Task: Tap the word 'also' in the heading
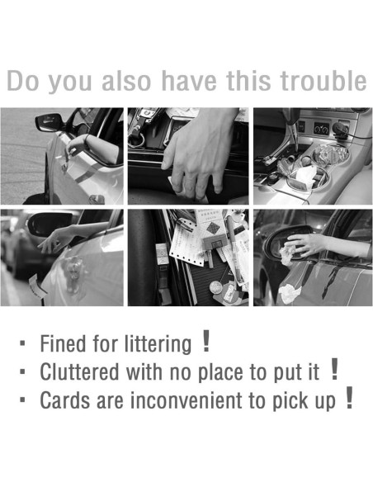coord(126,81)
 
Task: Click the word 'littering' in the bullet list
coord(158,344)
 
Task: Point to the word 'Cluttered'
coord(79,372)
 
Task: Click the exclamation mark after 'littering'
coord(206,341)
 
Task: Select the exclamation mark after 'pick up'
coord(349,398)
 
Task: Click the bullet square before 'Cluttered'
coord(22,371)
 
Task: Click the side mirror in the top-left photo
coord(48,122)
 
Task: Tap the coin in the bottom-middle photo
coord(215,288)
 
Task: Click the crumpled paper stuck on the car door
coord(289,293)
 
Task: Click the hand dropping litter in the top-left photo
coord(74,146)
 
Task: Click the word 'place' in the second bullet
coord(221,373)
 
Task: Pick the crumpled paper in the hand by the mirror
coord(287,253)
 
